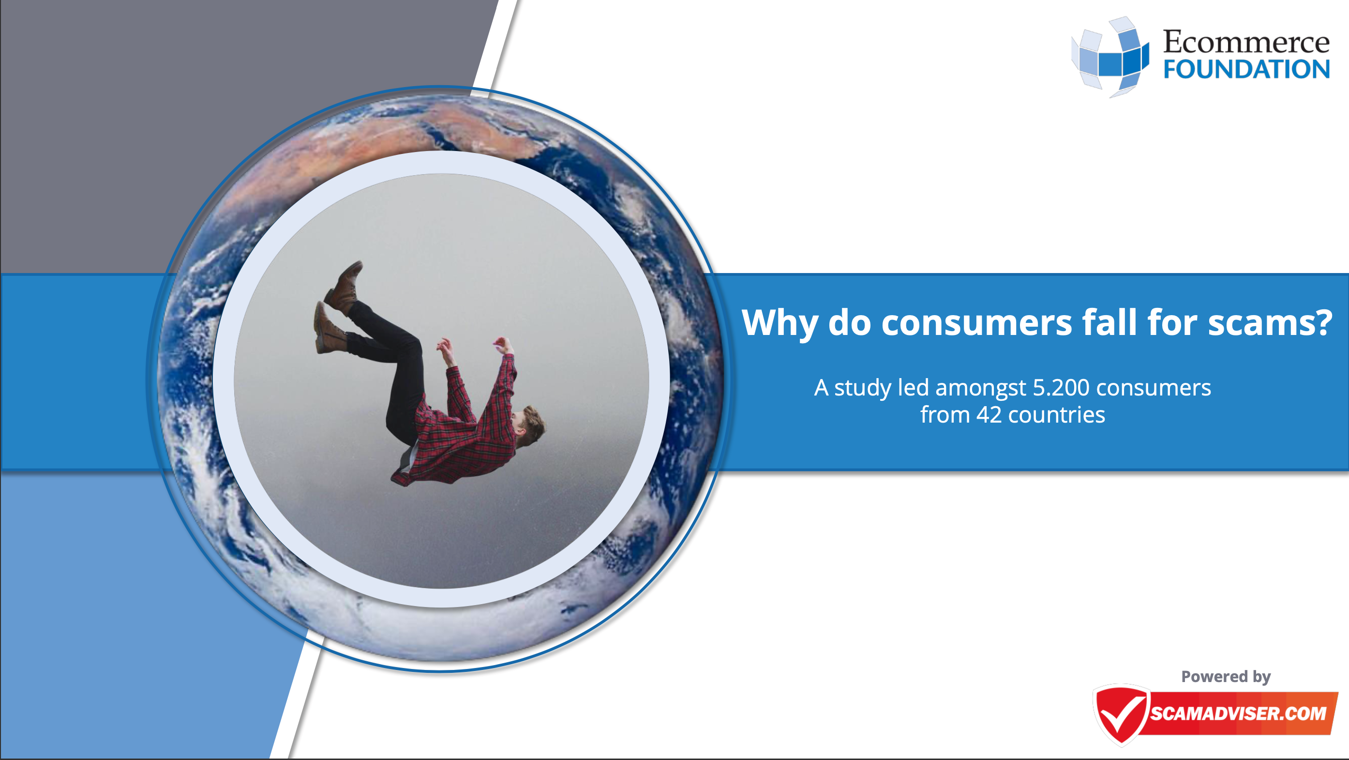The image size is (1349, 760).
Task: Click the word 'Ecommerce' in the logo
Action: (x=1246, y=42)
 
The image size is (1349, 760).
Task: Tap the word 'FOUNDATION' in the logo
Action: (x=1246, y=69)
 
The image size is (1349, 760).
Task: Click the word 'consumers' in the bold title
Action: (x=976, y=323)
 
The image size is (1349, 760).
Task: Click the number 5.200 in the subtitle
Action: (x=1061, y=388)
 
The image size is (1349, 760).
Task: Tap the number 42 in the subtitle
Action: (x=989, y=415)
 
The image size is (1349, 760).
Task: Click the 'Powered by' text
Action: (x=1226, y=677)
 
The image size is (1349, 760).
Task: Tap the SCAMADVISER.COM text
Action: (x=1238, y=714)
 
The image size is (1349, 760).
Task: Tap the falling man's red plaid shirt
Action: (x=461, y=424)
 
